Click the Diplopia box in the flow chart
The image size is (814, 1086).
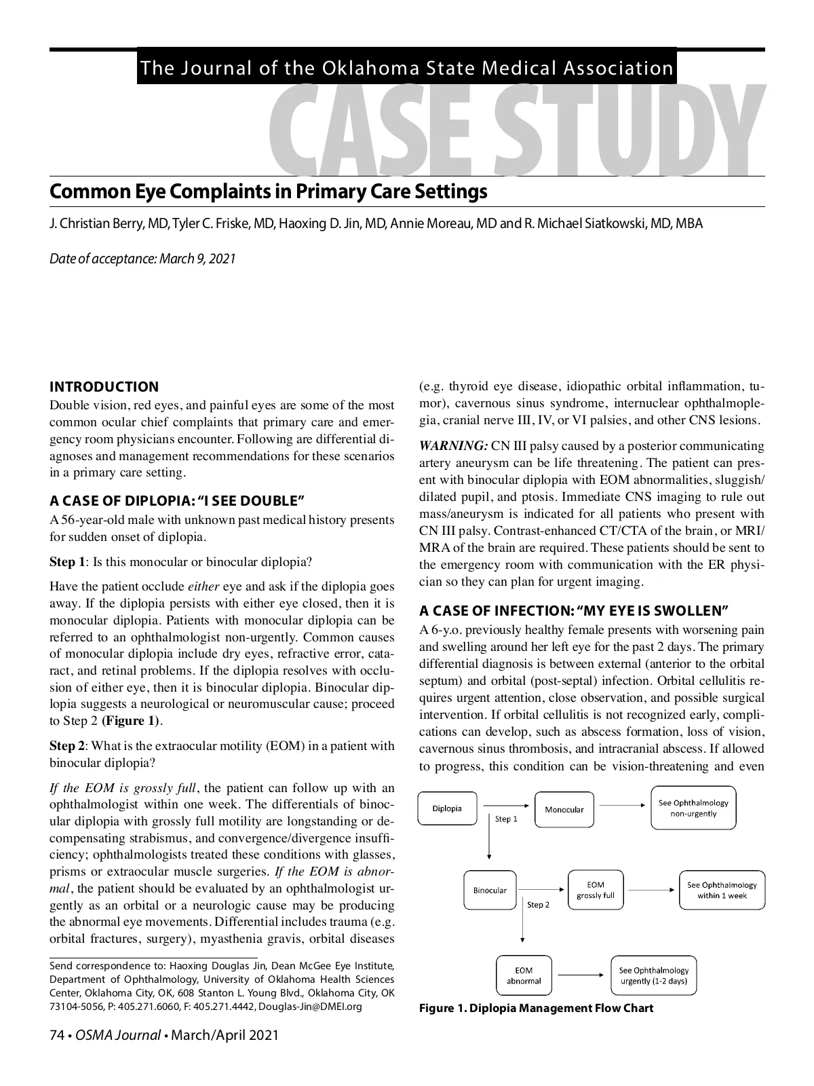point(447,808)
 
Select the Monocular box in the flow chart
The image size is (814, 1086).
point(564,809)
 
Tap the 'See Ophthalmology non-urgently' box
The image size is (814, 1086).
point(693,808)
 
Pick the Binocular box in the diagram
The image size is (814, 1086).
point(490,890)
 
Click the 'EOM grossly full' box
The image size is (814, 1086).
point(595,890)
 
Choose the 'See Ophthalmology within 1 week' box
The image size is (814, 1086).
point(722,890)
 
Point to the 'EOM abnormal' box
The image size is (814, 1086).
point(524,975)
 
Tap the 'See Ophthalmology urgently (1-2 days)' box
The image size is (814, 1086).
point(653,975)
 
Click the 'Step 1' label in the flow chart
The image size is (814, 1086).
point(506,819)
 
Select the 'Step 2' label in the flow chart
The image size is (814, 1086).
point(539,905)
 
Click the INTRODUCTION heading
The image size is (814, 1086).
point(104,387)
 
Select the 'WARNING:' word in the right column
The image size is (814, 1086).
point(453,446)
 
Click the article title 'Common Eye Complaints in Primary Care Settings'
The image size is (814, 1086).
point(268,191)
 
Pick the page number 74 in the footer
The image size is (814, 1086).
point(56,1035)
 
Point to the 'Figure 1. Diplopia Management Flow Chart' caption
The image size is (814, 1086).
point(536,1008)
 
